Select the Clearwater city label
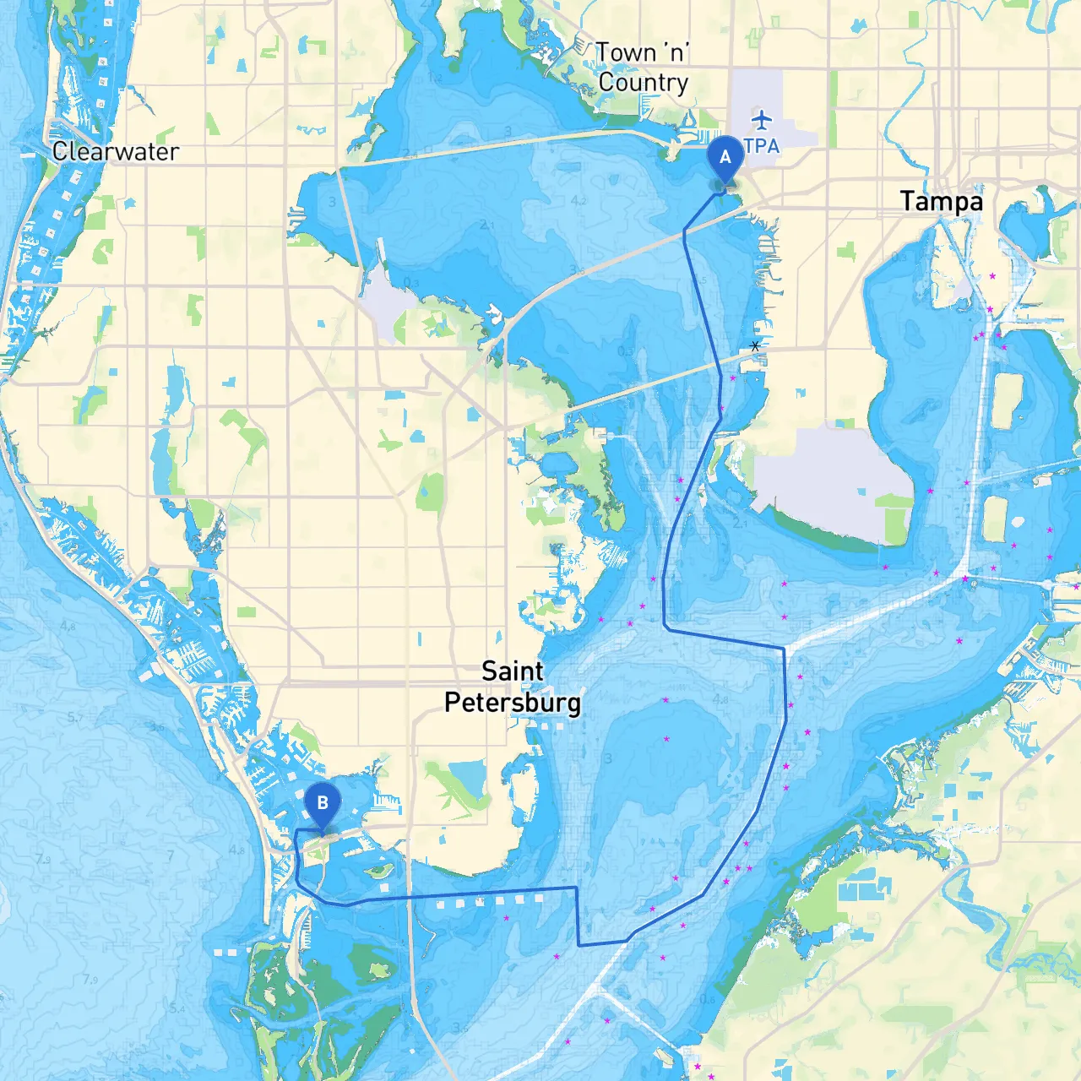tap(115, 152)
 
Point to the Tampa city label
tap(941, 202)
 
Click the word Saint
tap(512, 671)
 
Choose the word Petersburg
tap(513, 703)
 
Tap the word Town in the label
tap(626, 53)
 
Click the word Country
tap(644, 83)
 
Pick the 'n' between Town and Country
tap(676, 52)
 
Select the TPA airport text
tap(762, 146)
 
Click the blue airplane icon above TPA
tap(762, 119)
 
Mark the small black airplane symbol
tap(755, 346)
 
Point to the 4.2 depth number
tap(579, 201)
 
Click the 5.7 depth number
tap(75, 718)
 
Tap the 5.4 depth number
tap(177, 1008)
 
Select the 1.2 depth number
tap(435, 79)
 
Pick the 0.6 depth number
tap(708, 1000)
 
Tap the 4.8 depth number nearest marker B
tap(237, 850)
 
